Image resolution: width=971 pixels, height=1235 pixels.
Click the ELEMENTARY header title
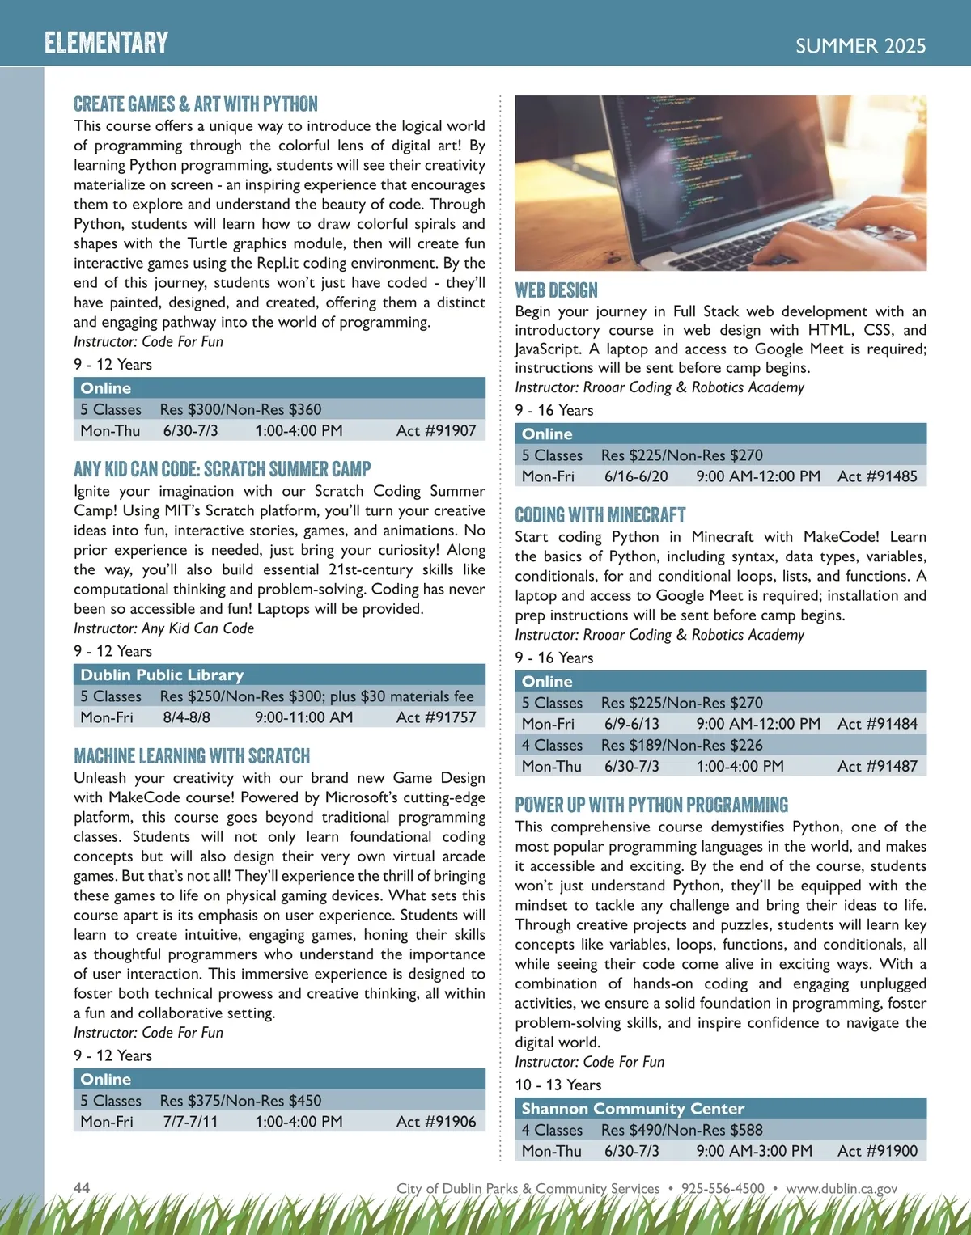tap(106, 42)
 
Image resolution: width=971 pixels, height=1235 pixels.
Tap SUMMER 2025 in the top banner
tap(860, 46)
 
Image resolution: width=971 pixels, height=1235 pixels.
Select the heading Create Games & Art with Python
tap(196, 104)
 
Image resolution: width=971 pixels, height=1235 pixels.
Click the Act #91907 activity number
tap(436, 430)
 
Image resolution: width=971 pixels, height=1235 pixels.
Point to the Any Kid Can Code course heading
tap(222, 469)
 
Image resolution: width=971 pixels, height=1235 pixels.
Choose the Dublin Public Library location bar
tap(279, 675)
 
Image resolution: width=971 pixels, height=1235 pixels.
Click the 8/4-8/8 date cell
tap(186, 717)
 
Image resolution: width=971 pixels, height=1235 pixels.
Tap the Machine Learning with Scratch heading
tap(192, 756)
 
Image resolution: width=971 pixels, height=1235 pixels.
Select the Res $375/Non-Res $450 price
tap(240, 1101)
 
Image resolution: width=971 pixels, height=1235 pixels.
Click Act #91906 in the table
tap(436, 1122)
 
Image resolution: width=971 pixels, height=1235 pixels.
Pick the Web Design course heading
tap(556, 290)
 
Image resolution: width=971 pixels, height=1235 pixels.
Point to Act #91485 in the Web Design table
tap(877, 476)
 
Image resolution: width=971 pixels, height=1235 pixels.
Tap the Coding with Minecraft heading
tap(600, 515)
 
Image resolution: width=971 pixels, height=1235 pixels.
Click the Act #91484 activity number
tap(877, 724)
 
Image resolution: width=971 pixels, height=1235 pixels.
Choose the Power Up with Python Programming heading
tap(651, 805)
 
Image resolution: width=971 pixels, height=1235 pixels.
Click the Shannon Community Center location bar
tap(720, 1108)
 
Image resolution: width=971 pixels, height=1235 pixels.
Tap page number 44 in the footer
tap(82, 1187)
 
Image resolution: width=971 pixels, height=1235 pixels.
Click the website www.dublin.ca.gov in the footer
tap(842, 1188)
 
